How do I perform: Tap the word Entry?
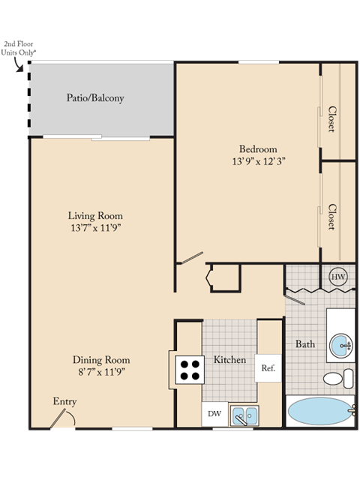[64, 402]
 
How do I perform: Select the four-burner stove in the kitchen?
[189, 369]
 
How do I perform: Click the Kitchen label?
[229, 360]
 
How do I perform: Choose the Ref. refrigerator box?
[268, 368]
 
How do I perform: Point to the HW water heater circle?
[337, 277]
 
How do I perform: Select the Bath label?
[304, 344]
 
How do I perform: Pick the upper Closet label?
[331, 118]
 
